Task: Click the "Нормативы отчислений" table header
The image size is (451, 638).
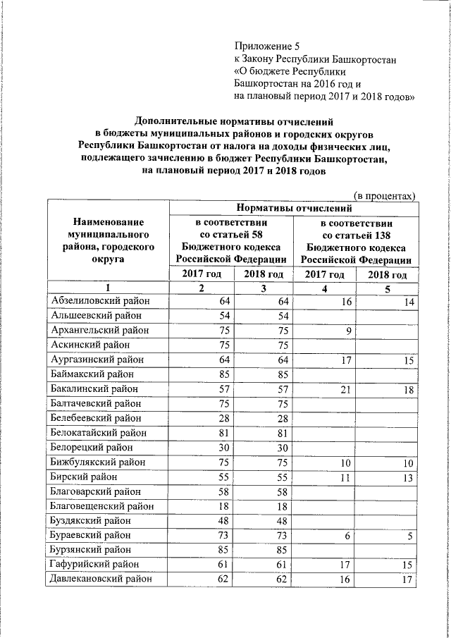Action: (293, 208)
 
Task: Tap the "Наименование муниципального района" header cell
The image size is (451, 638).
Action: (106, 240)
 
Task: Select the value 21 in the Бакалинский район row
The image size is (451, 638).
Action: (344, 388)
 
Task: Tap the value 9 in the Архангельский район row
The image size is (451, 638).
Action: (347, 330)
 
